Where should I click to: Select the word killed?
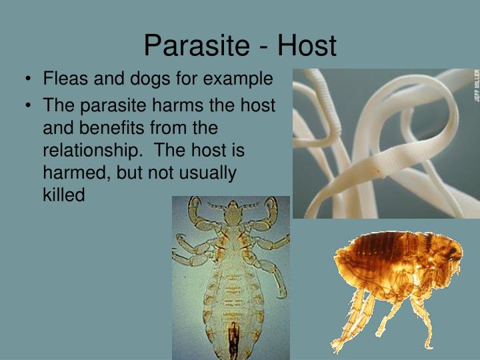(x=64, y=196)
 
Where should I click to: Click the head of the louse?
(x=231, y=213)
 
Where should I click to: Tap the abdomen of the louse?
(x=230, y=300)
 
